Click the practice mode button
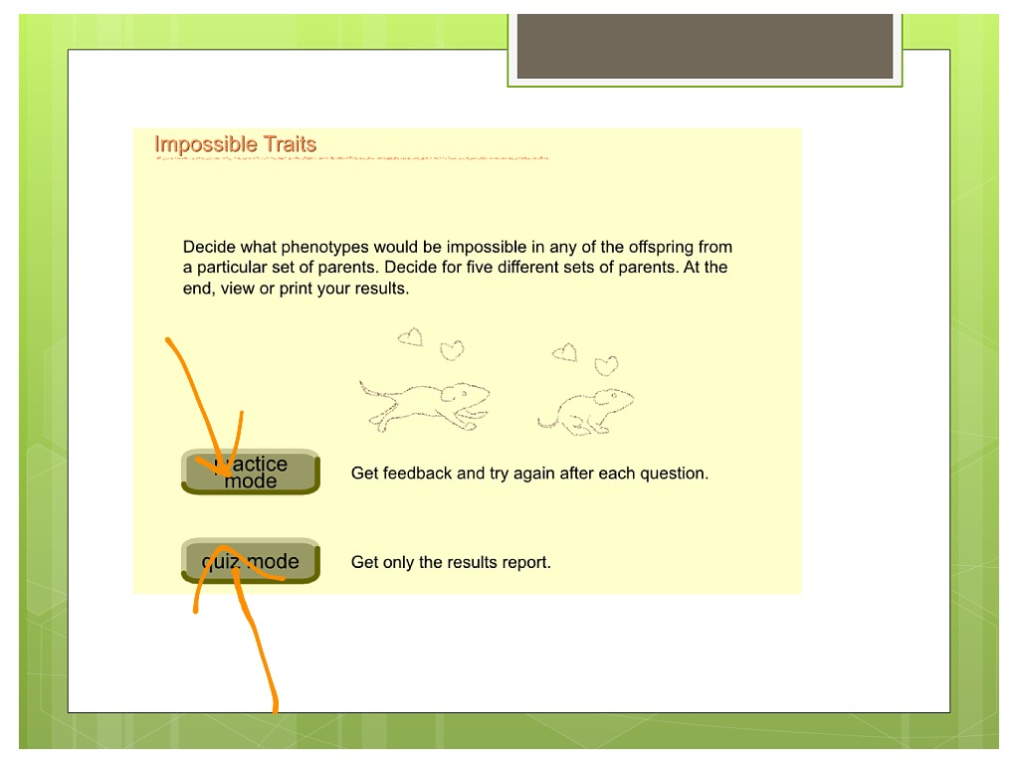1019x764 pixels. (251, 473)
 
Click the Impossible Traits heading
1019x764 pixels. (235, 144)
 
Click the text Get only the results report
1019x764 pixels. (451, 562)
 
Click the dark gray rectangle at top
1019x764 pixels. (705, 46)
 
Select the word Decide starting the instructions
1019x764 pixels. (209, 247)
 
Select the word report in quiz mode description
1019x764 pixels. (527, 562)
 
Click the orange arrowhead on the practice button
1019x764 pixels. (225, 467)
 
